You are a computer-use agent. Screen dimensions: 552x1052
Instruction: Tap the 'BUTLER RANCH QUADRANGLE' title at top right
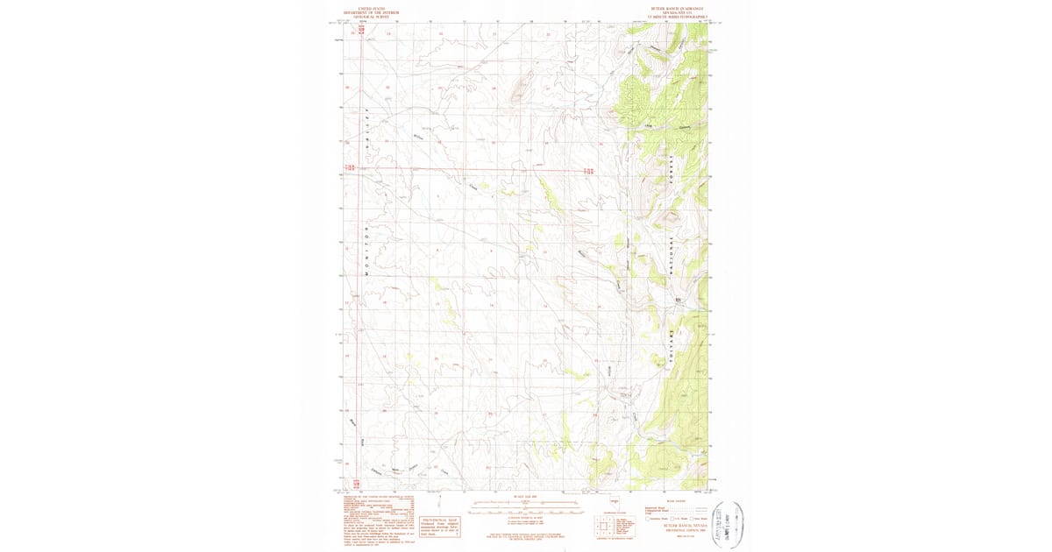point(677,11)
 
